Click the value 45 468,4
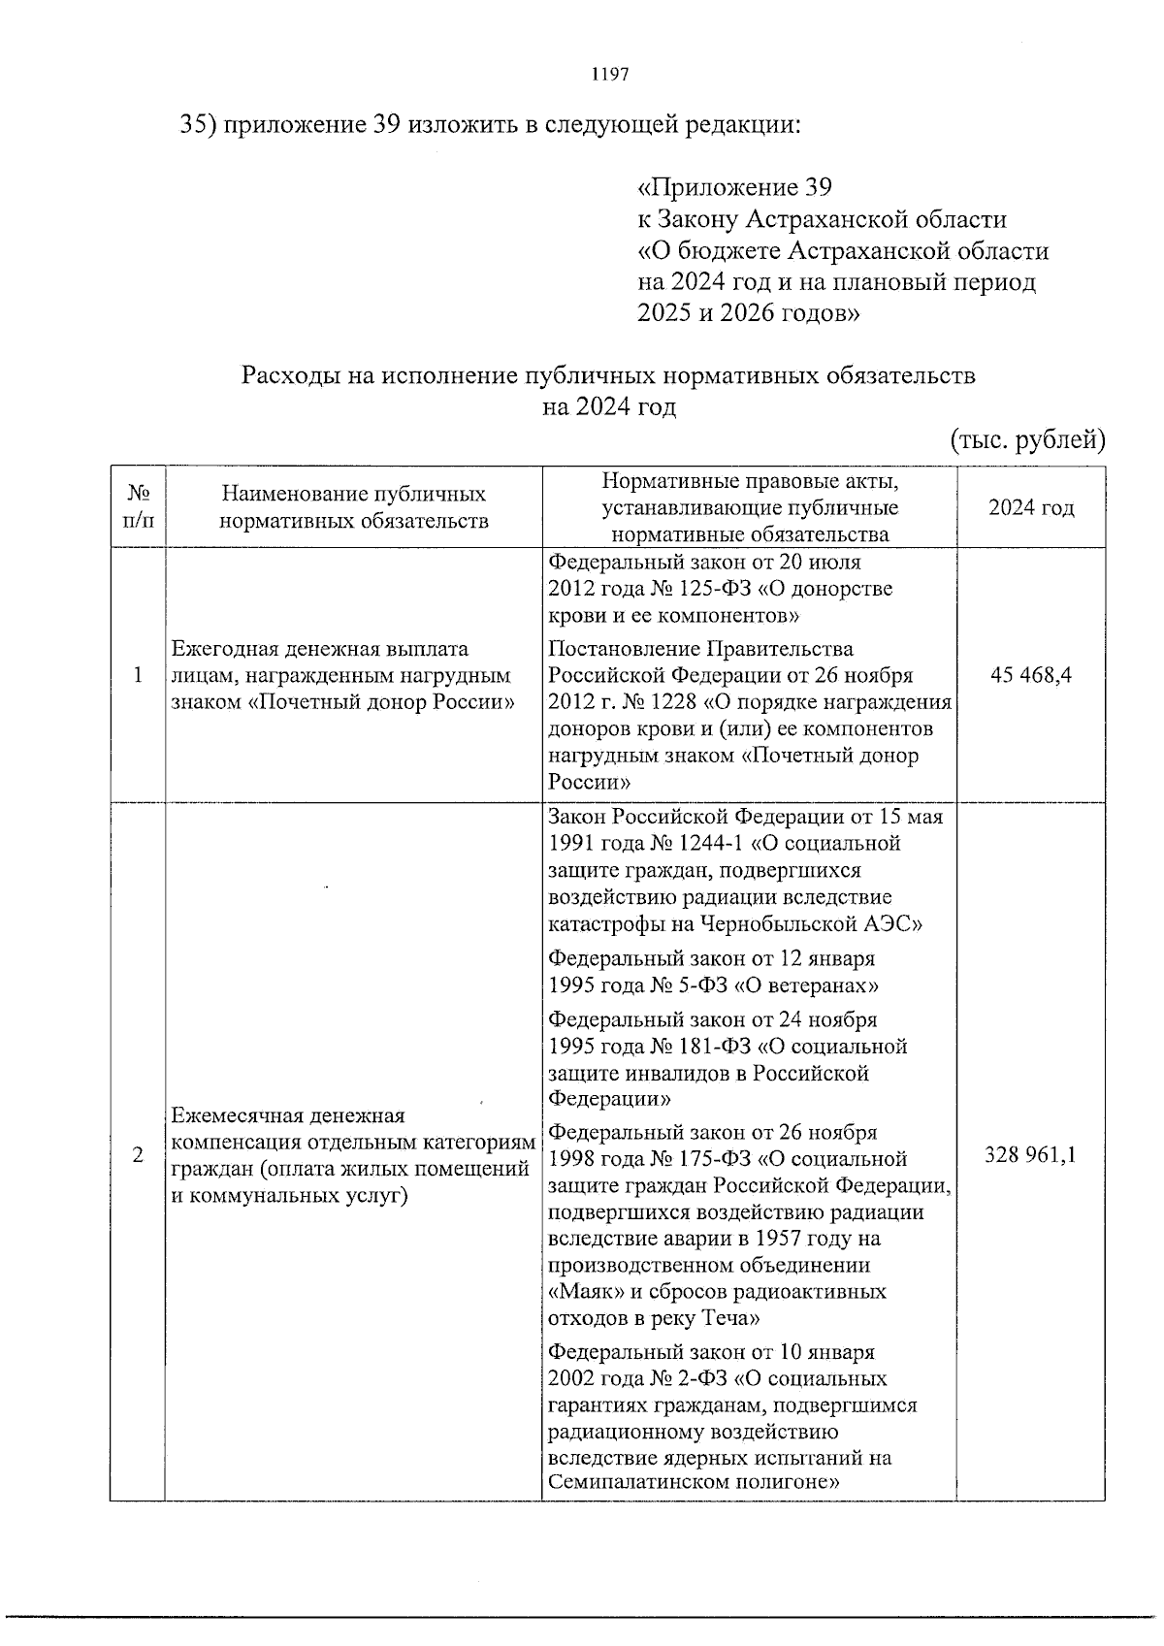coord(1030,675)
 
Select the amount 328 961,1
coord(1030,1155)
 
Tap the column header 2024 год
coord(1030,508)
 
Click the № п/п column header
coord(138,507)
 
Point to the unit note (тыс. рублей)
coord(1027,440)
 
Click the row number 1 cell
coord(138,675)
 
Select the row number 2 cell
coord(138,1155)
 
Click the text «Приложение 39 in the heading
coord(734,186)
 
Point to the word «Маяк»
coord(583,1292)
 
